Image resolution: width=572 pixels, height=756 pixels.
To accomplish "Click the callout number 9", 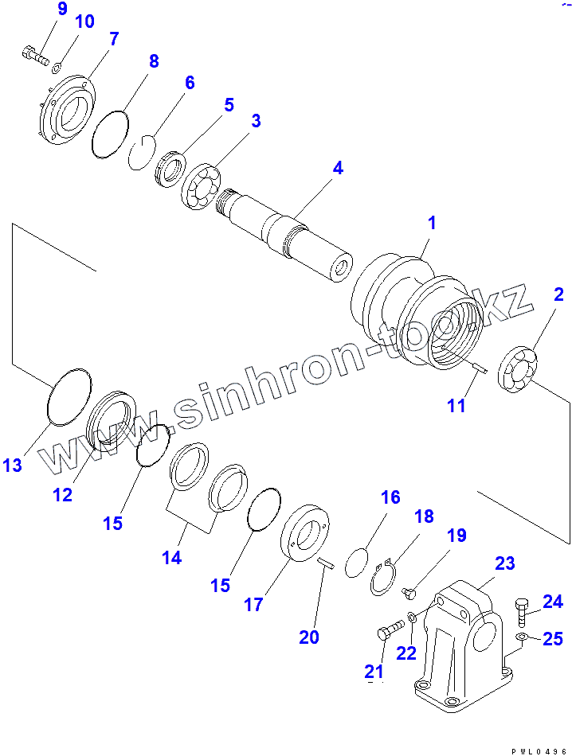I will pos(63,10).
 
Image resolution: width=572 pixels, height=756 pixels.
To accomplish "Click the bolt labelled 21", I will pos(386,634).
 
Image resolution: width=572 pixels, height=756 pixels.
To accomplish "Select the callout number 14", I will pos(171,558).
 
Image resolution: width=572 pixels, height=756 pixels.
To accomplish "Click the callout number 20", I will pos(308,637).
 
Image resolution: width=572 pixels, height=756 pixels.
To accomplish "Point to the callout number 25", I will pos(554,638).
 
